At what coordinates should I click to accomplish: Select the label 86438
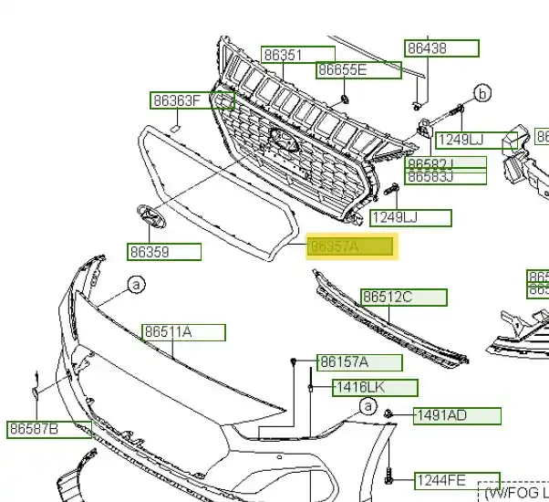pos(442,48)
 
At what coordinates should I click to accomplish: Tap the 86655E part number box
pos(358,70)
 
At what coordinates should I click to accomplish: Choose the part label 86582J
pos(445,164)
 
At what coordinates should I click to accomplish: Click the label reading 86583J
pos(445,177)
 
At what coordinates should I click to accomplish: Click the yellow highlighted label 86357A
pos(351,246)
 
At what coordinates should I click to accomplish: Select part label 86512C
pos(404,297)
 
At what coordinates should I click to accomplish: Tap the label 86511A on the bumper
pos(182,332)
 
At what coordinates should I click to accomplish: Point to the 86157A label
pos(358,363)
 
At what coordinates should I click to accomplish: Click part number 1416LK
pos(374,388)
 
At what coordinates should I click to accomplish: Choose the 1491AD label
pos(456,416)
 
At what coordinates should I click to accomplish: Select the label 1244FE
pos(457,480)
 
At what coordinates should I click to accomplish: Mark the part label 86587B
pos(49,428)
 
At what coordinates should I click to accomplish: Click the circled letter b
pos(482,92)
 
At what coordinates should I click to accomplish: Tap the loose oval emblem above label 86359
pos(148,216)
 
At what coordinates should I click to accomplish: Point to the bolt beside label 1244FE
pos(389,476)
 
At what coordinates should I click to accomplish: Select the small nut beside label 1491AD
pos(389,415)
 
